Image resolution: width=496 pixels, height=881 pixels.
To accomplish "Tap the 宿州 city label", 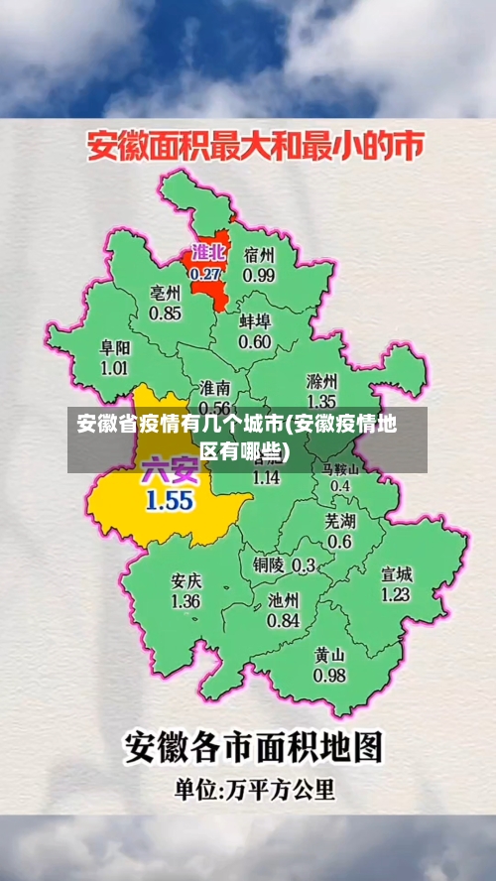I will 259,253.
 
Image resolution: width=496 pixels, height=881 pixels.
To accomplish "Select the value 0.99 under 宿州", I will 259,274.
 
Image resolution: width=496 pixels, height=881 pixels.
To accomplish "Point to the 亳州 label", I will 165,293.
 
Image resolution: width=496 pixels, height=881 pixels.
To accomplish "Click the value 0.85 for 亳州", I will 165,314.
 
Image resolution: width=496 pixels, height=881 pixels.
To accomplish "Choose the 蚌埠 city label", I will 254,321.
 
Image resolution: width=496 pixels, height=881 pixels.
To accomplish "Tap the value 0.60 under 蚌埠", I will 254,342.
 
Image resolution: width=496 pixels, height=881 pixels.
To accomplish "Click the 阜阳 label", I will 114,348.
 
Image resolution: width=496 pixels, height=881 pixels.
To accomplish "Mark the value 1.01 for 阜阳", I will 114,368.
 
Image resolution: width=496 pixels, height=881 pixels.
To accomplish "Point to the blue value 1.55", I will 169,500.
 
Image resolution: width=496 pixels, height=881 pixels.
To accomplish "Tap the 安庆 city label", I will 186,580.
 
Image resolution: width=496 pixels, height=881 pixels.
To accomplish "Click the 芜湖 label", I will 339,520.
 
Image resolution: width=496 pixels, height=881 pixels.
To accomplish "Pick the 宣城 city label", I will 396,573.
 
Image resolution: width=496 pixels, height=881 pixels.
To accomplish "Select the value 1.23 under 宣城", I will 396,594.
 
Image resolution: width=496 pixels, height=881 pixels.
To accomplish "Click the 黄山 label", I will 329,655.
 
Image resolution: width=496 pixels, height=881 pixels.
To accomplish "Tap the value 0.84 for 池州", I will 283,620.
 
